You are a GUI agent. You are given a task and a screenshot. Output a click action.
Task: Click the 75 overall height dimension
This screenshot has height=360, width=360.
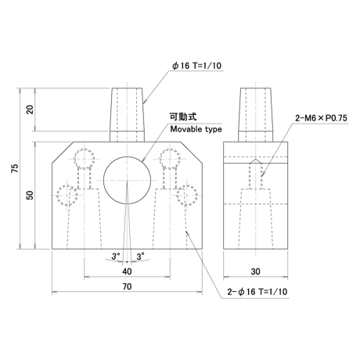click(x=16, y=168)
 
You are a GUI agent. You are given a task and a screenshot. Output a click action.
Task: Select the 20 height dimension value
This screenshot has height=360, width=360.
click(x=31, y=110)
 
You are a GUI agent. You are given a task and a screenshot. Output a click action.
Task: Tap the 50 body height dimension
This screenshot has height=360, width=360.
click(x=31, y=195)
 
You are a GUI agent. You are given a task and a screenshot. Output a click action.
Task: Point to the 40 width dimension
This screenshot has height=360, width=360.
click(x=127, y=272)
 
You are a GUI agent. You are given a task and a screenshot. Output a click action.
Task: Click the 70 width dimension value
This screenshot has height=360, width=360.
click(x=127, y=286)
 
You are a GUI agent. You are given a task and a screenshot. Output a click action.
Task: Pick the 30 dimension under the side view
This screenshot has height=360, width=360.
click(x=256, y=272)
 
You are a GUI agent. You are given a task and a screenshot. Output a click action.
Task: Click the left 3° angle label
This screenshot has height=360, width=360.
click(x=116, y=256)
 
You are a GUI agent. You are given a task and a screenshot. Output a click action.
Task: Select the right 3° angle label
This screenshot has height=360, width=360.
click(x=140, y=256)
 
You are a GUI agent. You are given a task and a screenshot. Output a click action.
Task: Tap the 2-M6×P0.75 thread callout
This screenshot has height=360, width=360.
click(x=321, y=118)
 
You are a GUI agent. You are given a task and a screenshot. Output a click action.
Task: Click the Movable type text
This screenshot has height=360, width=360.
click(x=196, y=129)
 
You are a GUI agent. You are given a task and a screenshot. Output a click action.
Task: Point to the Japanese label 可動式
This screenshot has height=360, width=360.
click(x=183, y=117)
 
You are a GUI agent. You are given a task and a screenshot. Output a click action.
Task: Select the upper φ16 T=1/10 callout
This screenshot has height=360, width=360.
click(x=196, y=66)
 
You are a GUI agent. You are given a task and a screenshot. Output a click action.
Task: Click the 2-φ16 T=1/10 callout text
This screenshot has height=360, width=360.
click(x=257, y=292)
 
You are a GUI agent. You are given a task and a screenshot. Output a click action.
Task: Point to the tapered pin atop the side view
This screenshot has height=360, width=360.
click(x=256, y=115)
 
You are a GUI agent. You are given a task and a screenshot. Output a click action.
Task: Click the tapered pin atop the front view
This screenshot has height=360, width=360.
click(x=127, y=115)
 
